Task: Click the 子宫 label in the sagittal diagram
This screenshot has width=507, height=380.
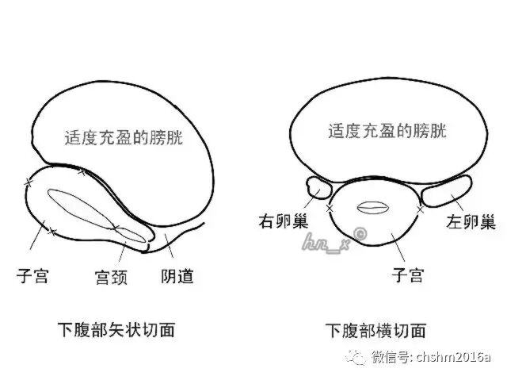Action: [x=33, y=276]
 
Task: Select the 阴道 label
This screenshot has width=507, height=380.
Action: [x=177, y=276]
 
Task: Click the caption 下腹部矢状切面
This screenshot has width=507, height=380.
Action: [x=116, y=328]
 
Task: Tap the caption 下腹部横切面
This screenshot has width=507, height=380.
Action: [x=375, y=328]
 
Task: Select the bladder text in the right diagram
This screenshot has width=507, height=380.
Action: [x=387, y=131]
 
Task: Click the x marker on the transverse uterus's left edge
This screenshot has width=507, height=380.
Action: [x=329, y=209]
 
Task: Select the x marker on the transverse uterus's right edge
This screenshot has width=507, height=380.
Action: [x=420, y=209]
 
